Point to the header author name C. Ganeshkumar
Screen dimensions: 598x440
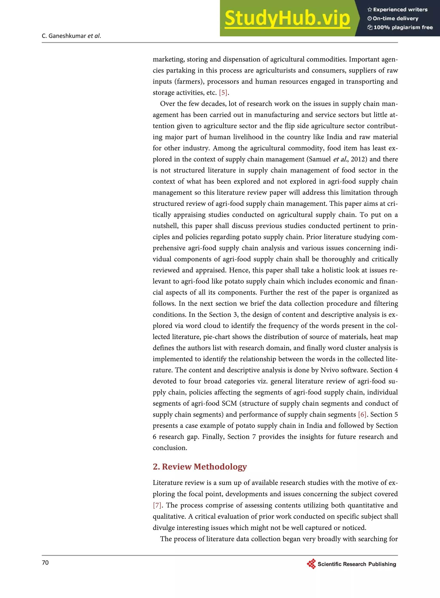64,36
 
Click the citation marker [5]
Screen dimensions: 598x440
223,92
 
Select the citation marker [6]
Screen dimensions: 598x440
362,415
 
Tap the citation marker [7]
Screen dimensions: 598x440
157,505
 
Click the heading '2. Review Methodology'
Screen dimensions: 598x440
200,467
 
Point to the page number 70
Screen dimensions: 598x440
45,563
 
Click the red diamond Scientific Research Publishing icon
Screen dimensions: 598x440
311,564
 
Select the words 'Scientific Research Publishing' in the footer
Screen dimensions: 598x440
357,564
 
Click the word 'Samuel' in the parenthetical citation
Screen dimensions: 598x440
320,159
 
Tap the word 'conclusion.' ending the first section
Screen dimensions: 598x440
170,448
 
